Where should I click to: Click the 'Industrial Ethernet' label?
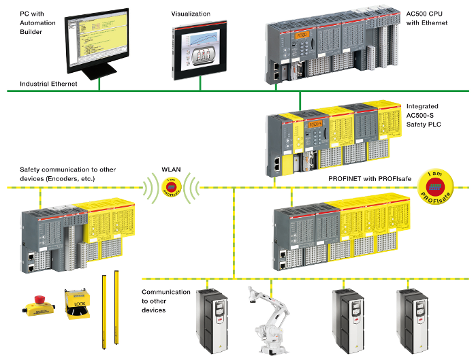coord(48,84)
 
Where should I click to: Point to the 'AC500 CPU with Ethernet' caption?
coord(427,18)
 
